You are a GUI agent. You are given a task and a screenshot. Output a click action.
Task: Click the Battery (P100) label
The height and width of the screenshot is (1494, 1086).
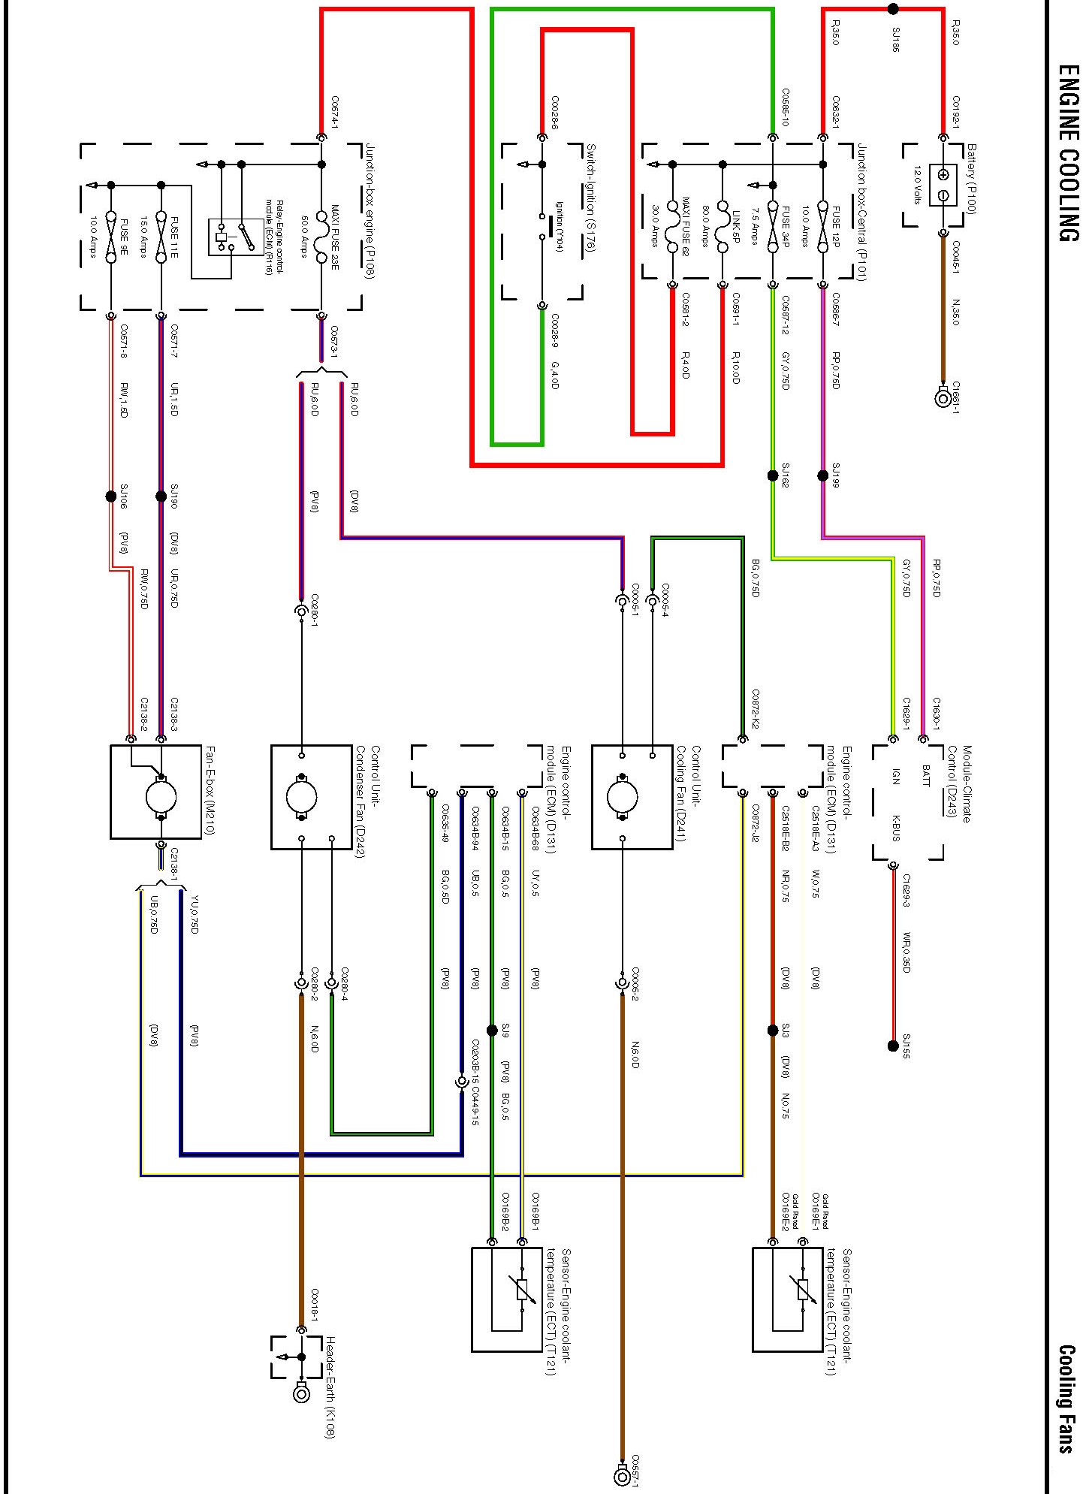(971, 179)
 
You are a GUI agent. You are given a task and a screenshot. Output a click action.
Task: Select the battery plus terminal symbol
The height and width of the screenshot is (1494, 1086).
(943, 175)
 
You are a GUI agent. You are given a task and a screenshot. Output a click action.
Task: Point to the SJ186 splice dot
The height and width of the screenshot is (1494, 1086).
(893, 9)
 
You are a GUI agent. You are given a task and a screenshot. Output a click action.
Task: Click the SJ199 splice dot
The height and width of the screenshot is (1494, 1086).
(823, 475)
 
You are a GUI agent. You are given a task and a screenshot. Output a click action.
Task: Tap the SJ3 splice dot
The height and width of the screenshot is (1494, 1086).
(773, 1031)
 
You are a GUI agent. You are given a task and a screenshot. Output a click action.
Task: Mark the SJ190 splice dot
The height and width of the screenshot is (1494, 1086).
(161, 496)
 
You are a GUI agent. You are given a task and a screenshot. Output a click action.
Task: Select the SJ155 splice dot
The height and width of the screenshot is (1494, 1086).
(893, 1046)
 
